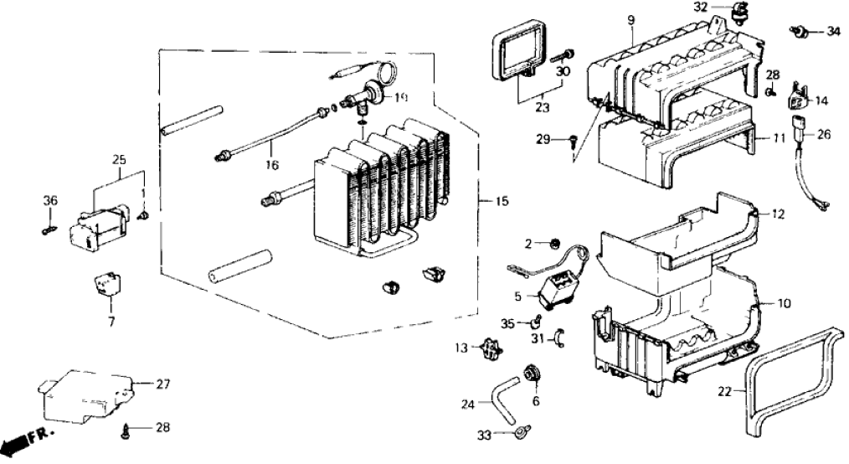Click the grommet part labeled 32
[x=739, y=13]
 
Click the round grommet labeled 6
[x=530, y=372]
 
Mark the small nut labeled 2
[x=554, y=244]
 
